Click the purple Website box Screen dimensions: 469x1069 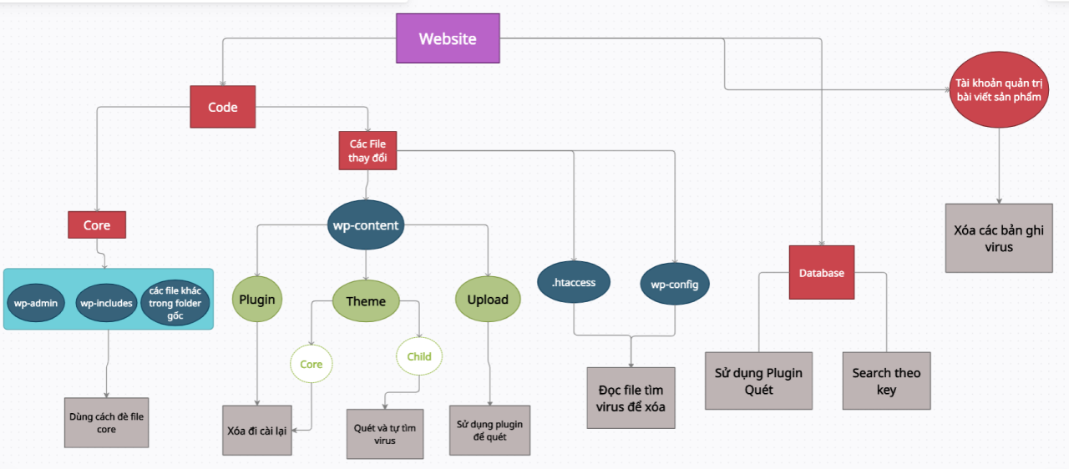pos(448,38)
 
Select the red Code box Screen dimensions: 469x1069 pos(222,107)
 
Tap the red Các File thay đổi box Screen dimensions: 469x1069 pos(367,151)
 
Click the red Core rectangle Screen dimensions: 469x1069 pos(97,224)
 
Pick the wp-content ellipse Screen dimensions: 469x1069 pos(366,225)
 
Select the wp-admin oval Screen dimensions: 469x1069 pos(34,303)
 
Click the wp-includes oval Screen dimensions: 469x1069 pos(106,303)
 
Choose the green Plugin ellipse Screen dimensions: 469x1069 pos(257,300)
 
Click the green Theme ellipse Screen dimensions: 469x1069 pos(366,301)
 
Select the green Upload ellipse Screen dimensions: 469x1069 pos(488,300)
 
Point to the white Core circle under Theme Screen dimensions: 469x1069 pos(312,364)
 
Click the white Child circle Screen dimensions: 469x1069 pos(419,356)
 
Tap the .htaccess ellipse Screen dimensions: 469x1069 pos(574,282)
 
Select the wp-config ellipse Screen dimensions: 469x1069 pos(675,285)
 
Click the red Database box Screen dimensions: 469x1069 pos(822,272)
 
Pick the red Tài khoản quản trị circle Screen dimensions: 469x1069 pos(1000,90)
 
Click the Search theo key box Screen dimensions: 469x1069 pos(886,381)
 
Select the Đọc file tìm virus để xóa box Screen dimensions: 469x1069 pos(631,397)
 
